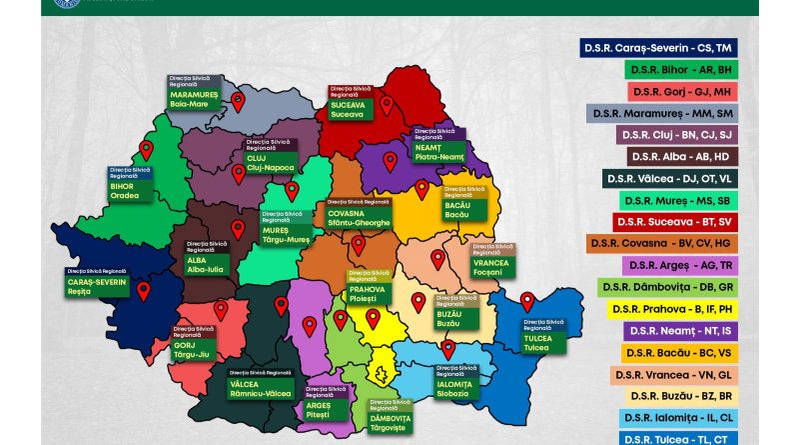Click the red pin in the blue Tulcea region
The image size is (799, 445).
point(527,301)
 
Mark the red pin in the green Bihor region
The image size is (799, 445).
point(146,150)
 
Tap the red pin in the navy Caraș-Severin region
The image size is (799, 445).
point(143,291)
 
